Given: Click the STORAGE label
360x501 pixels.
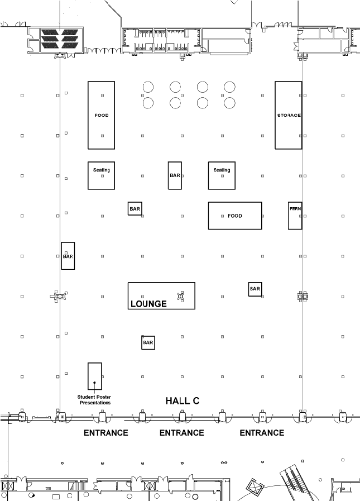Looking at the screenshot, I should click(289, 115).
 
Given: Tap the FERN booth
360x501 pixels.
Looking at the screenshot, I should click(295, 215).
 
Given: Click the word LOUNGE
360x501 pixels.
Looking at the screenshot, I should click(148, 304).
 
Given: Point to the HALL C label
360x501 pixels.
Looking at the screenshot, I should click(183, 400).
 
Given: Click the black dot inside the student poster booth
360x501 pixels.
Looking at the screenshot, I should click(95, 383).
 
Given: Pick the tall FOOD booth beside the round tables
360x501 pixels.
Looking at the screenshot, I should click(102, 115).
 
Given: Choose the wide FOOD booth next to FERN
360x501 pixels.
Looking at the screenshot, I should click(235, 216).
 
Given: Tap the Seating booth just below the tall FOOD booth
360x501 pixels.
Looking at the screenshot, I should click(102, 175).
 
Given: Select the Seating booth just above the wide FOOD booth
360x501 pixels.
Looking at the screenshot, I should click(222, 175).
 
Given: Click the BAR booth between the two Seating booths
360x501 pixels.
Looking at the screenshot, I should click(175, 175).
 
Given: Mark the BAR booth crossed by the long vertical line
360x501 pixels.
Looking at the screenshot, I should click(68, 256).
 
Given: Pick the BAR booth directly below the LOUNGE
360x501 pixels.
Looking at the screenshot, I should click(148, 342).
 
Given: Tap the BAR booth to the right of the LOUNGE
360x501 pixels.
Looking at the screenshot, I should click(255, 289).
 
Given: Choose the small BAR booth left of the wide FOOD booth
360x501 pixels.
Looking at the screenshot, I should click(135, 209).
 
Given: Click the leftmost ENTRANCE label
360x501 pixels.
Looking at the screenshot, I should click(105, 432).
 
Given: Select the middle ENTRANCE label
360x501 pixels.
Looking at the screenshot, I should click(181, 432).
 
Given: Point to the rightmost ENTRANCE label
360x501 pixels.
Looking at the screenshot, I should click(262, 432).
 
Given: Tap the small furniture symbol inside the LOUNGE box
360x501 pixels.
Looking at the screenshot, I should click(180, 296).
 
